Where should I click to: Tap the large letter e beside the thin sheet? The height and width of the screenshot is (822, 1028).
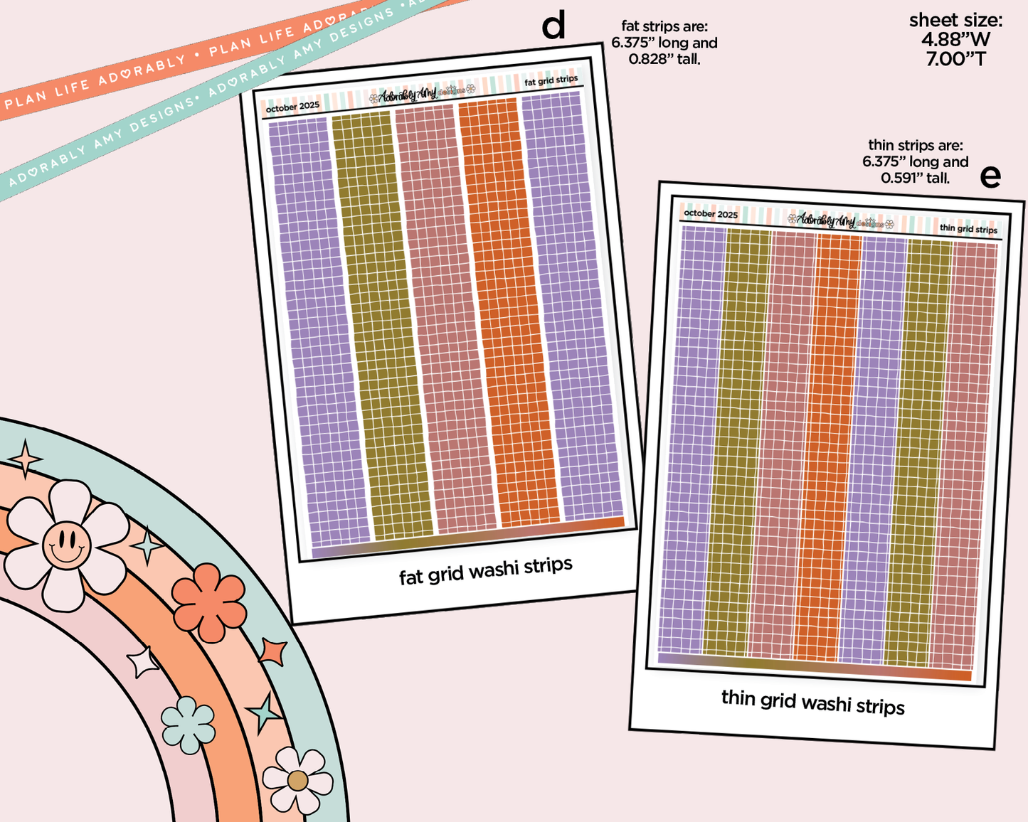[990, 176]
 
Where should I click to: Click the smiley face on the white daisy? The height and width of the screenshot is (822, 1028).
[66, 545]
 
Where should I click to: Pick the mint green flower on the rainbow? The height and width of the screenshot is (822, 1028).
[188, 725]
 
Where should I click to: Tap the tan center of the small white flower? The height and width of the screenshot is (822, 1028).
[297, 781]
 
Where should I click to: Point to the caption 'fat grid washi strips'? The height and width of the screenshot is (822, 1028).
[485, 570]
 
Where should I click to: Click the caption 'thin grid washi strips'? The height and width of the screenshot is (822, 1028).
[812, 702]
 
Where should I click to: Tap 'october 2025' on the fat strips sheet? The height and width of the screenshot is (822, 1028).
[292, 107]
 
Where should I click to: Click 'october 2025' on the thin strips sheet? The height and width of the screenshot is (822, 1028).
[710, 213]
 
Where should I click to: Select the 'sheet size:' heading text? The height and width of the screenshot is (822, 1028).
[955, 21]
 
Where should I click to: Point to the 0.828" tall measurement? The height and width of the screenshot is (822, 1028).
[664, 60]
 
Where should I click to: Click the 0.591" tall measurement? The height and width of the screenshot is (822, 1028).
[915, 178]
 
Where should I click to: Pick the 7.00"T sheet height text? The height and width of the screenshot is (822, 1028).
[956, 59]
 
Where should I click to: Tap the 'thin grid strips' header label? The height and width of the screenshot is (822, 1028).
[968, 228]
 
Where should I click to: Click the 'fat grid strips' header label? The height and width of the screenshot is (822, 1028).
[551, 80]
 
